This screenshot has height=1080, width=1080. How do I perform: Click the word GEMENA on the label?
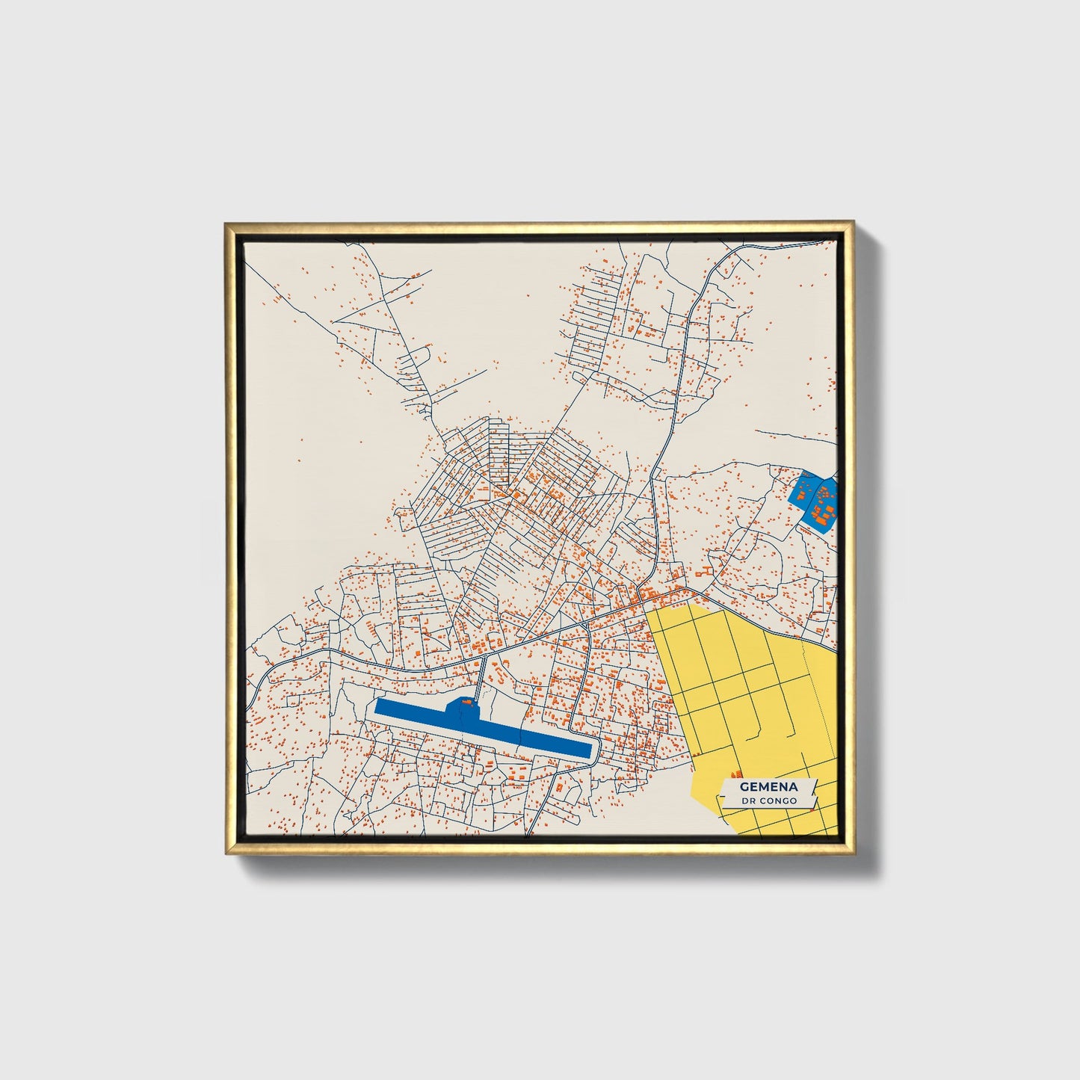[x=768, y=787]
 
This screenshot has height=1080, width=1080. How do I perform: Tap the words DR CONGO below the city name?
[x=768, y=800]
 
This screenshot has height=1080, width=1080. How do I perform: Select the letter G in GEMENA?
[x=744, y=787]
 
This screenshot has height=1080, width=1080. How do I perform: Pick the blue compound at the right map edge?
[x=815, y=499]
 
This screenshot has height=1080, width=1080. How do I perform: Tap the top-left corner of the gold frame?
[x=226, y=223]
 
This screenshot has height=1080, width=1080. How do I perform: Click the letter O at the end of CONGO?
[x=794, y=800]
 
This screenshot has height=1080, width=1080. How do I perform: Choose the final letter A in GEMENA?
[x=794, y=787]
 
